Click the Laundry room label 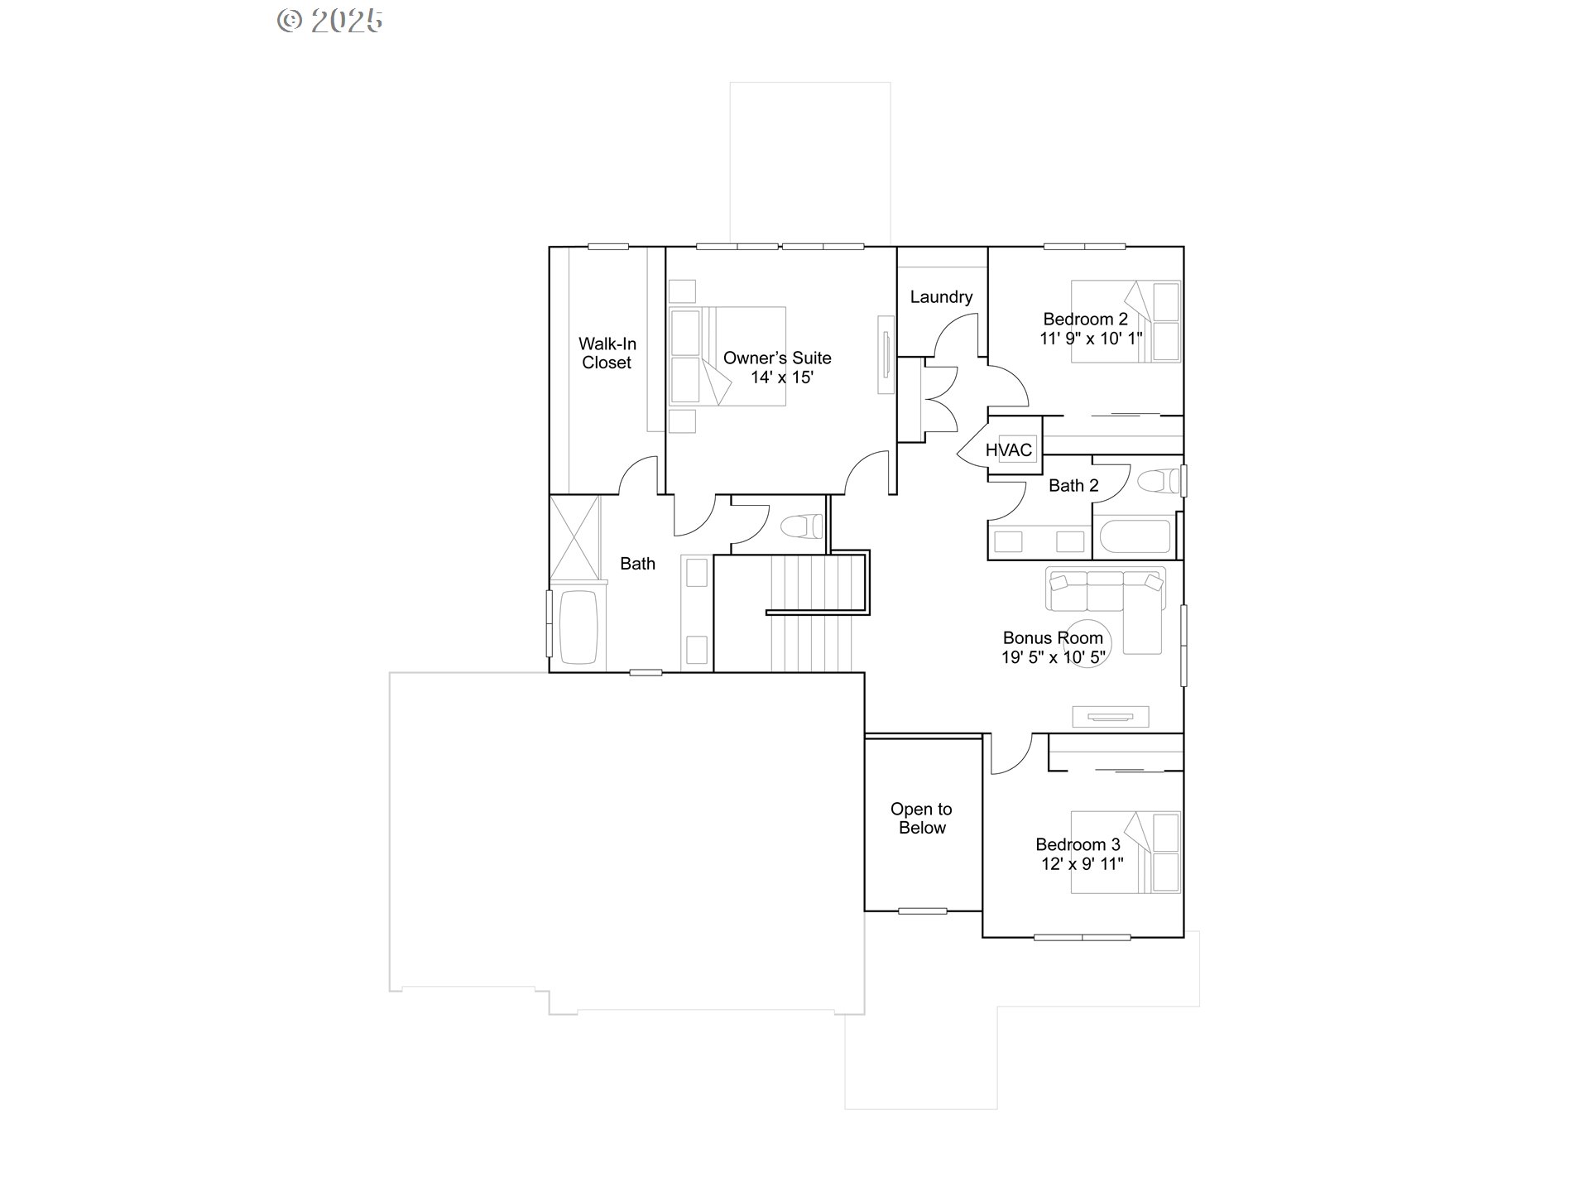[x=941, y=296]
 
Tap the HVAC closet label [x=1009, y=449]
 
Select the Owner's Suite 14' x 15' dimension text [x=782, y=377]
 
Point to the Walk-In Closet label [x=607, y=353]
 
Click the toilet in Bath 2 [x=1158, y=481]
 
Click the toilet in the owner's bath [x=801, y=526]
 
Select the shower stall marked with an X [x=574, y=537]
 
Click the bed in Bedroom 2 [x=1125, y=321]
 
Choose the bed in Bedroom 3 [x=1125, y=852]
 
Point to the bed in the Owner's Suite [x=727, y=356]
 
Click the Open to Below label [x=922, y=818]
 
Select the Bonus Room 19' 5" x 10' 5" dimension [x=1053, y=657]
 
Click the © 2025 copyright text [x=329, y=21]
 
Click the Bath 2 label [x=1073, y=486]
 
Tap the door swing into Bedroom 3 [x=1010, y=754]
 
